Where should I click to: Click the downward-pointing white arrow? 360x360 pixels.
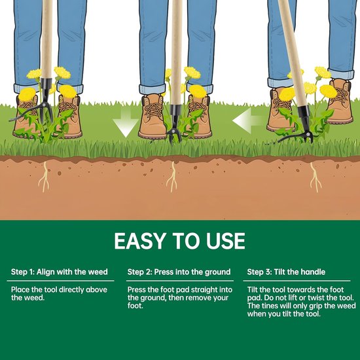click(x=126, y=124)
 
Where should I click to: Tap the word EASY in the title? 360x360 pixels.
click(x=140, y=241)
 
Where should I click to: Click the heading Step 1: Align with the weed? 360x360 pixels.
click(x=59, y=272)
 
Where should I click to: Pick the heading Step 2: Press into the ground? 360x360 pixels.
click(x=179, y=272)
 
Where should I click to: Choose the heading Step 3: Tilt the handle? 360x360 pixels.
click(x=286, y=272)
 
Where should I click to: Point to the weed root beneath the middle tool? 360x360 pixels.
click(x=172, y=177)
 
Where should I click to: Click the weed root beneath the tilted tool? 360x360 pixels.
click(x=315, y=177)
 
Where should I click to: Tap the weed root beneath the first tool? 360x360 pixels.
click(x=44, y=177)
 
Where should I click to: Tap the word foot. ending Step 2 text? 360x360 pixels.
click(x=135, y=306)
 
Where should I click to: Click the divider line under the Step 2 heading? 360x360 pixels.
click(x=180, y=281)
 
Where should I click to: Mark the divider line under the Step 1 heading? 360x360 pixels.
click(x=61, y=281)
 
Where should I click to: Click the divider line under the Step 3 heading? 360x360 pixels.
click(x=297, y=281)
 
